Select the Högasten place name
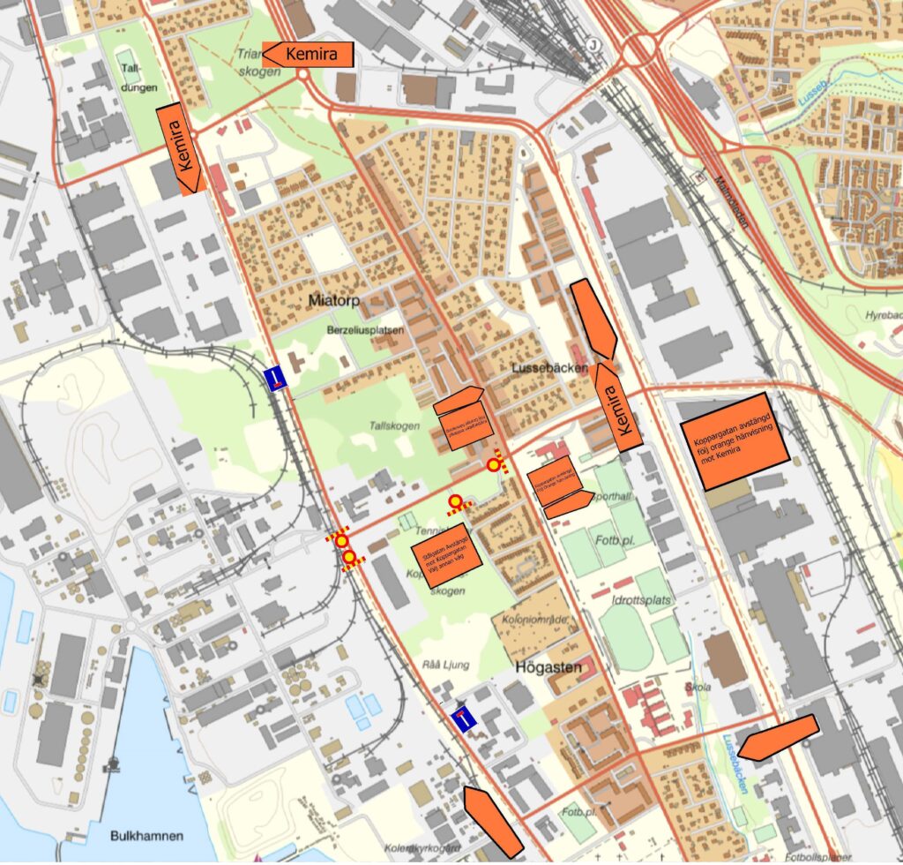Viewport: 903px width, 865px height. (544, 667)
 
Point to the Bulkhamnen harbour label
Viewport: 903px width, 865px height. (147, 835)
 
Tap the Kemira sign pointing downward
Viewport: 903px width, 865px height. (181, 148)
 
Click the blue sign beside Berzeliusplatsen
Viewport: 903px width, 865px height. (278, 378)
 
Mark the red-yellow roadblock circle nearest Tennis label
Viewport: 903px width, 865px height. (455, 502)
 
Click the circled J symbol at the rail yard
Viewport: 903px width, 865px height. (593, 45)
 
